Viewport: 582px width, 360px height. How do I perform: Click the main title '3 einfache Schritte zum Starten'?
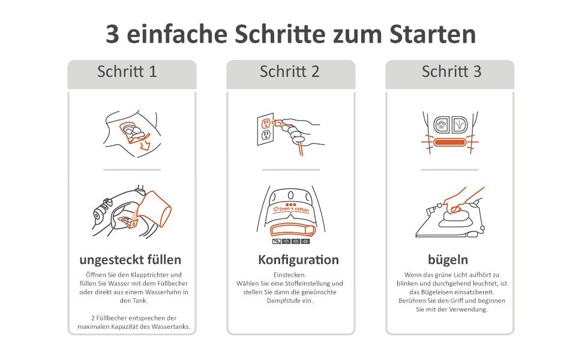[x=290, y=34]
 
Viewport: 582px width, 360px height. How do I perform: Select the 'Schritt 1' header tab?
[x=127, y=72]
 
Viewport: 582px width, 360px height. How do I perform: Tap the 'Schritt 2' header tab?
[x=290, y=72]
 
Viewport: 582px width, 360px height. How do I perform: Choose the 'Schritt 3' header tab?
[x=451, y=72]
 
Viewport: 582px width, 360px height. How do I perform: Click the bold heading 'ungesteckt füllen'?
[x=130, y=260]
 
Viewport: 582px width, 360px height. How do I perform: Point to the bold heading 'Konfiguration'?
[x=298, y=260]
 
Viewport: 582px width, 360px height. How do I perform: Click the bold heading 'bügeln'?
[x=448, y=260]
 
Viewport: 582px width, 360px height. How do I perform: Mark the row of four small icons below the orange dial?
[x=290, y=241]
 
